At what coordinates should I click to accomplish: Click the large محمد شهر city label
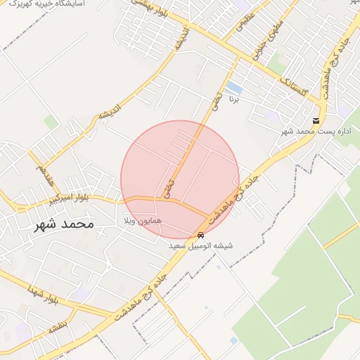pyautogui.click(x=63, y=225)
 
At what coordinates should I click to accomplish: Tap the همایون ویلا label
pyautogui.click(x=143, y=221)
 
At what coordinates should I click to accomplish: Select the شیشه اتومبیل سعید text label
pyautogui.click(x=200, y=247)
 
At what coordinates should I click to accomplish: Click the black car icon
pyautogui.click(x=201, y=236)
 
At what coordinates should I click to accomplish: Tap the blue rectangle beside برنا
pyautogui.click(x=234, y=89)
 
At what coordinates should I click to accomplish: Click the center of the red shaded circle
pyautogui.click(x=180, y=180)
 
